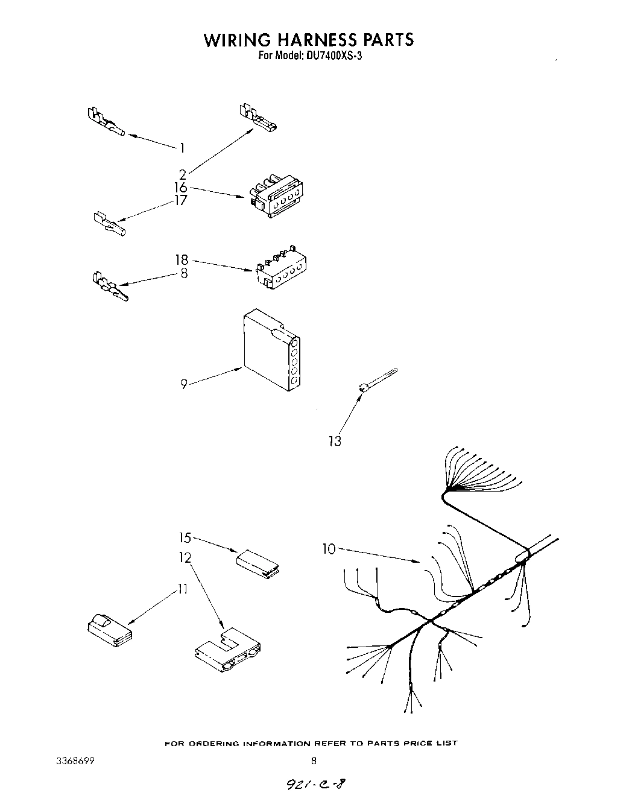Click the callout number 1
pos(182,148)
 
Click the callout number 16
pos(181,188)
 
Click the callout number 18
pos(182,260)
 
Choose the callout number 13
pos(335,441)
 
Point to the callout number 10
pos(328,549)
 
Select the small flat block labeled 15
pos(259,562)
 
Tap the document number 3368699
pos(75,761)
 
